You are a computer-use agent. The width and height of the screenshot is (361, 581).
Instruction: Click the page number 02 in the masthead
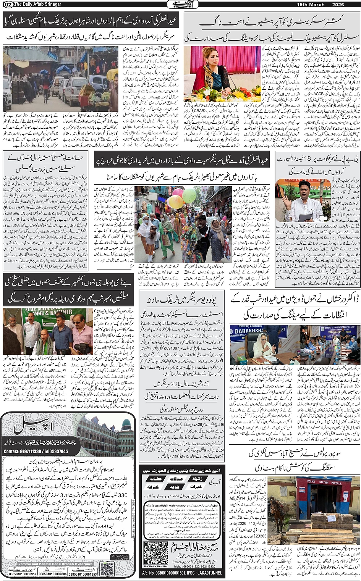(x=7, y=5)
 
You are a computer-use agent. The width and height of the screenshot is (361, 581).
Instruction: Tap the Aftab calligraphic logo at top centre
(x=181, y=5)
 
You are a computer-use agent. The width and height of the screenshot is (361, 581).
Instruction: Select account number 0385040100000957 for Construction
(x=22, y=574)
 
